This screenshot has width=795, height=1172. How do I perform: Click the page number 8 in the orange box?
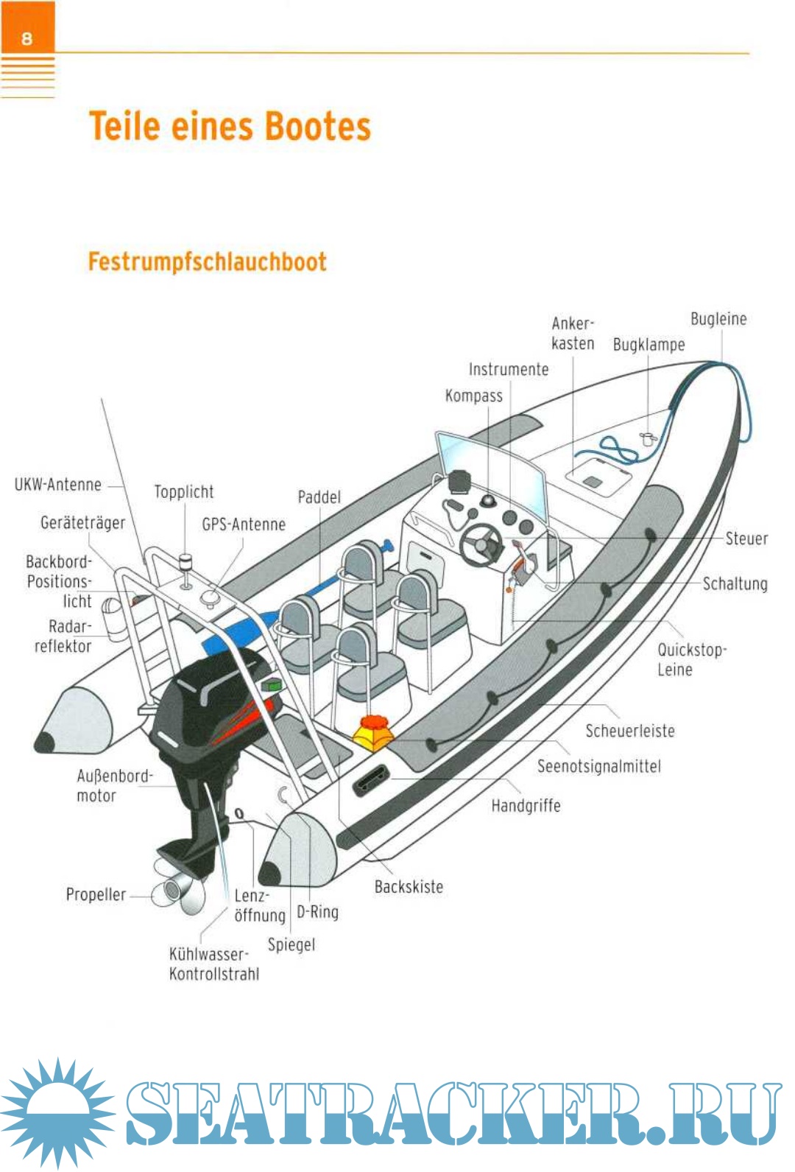point(27,38)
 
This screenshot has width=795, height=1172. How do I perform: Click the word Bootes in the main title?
point(317,127)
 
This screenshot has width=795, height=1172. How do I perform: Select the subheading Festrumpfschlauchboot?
point(207,262)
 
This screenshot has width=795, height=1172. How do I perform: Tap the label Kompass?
point(473,396)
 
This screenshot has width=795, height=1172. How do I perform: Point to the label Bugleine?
point(718,319)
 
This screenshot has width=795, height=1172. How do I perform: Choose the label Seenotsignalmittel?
point(598,767)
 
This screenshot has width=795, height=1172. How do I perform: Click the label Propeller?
point(96,895)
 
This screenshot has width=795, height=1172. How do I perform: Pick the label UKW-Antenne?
point(58,485)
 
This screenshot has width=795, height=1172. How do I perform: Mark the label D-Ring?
point(317,913)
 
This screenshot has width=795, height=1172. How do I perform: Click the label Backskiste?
point(409,887)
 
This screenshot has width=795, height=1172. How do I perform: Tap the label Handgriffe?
point(526,806)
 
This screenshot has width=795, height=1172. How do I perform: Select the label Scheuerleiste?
point(629,731)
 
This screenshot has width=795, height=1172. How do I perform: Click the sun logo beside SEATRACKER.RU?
point(56,1112)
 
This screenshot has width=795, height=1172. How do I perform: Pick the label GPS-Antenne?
point(244,524)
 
